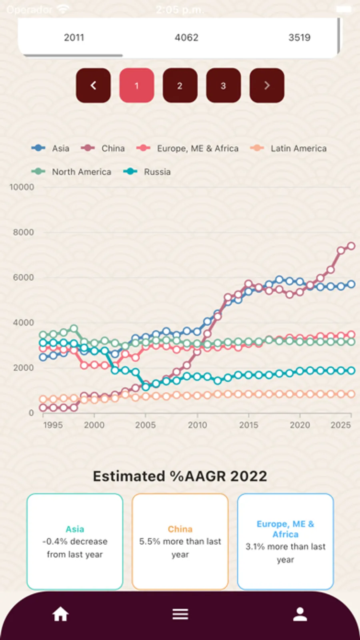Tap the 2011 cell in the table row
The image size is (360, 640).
(74, 37)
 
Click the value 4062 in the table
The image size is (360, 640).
(186, 37)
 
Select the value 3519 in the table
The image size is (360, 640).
(299, 37)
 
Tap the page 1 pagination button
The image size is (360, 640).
(136, 85)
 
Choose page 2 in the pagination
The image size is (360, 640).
(180, 85)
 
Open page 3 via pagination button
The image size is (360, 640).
(223, 85)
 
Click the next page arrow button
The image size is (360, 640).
(267, 85)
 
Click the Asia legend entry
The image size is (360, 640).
(51, 148)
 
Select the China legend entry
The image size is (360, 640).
(103, 148)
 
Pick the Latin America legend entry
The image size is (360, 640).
(288, 148)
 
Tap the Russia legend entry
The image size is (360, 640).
(147, 172)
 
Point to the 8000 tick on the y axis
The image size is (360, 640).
(23, 232)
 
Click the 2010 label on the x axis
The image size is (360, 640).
(197, 425)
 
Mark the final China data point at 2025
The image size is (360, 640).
(351, 246)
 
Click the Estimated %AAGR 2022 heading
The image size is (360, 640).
(180, 476)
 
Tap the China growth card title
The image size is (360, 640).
(180, 529)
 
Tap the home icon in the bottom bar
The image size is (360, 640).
(60, 614)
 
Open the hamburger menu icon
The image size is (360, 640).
(180, 614)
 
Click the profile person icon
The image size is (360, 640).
(300, 614)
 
